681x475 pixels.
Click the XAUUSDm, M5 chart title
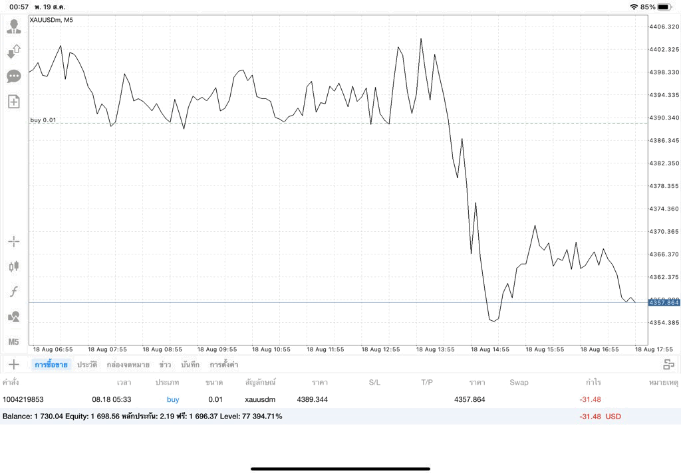click(x=51, y=20)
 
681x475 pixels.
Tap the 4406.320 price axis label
click(x=664, y=27)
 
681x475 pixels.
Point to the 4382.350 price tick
click(x=664, y=163)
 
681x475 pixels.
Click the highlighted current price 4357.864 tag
click(x=664, y=302)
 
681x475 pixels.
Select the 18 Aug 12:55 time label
click(x=381, y=349)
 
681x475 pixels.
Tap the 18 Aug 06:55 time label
click(x=53, y=349)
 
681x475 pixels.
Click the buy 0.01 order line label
click(x=43, y=120)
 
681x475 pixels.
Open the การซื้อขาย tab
click(x=51, y=365)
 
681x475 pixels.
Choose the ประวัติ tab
click(x=87, y=365)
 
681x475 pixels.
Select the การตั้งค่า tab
click(x=223, y=365)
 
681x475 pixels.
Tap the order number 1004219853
click(x=23, y=399)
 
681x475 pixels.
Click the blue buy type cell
click(x=173, y=399)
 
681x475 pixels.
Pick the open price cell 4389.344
click(x=313, y=399)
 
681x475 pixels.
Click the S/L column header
click(x=374, y=382)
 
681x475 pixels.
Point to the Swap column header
click(x=519, y=382)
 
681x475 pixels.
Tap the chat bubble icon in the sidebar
click(x=14, y=77)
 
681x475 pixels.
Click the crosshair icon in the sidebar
click(x=14, y=242)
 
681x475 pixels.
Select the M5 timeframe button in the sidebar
click(x=13, y=342)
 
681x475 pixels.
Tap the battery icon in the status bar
click(x=665, y=7)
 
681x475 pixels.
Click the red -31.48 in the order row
click(x=591, y=399)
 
